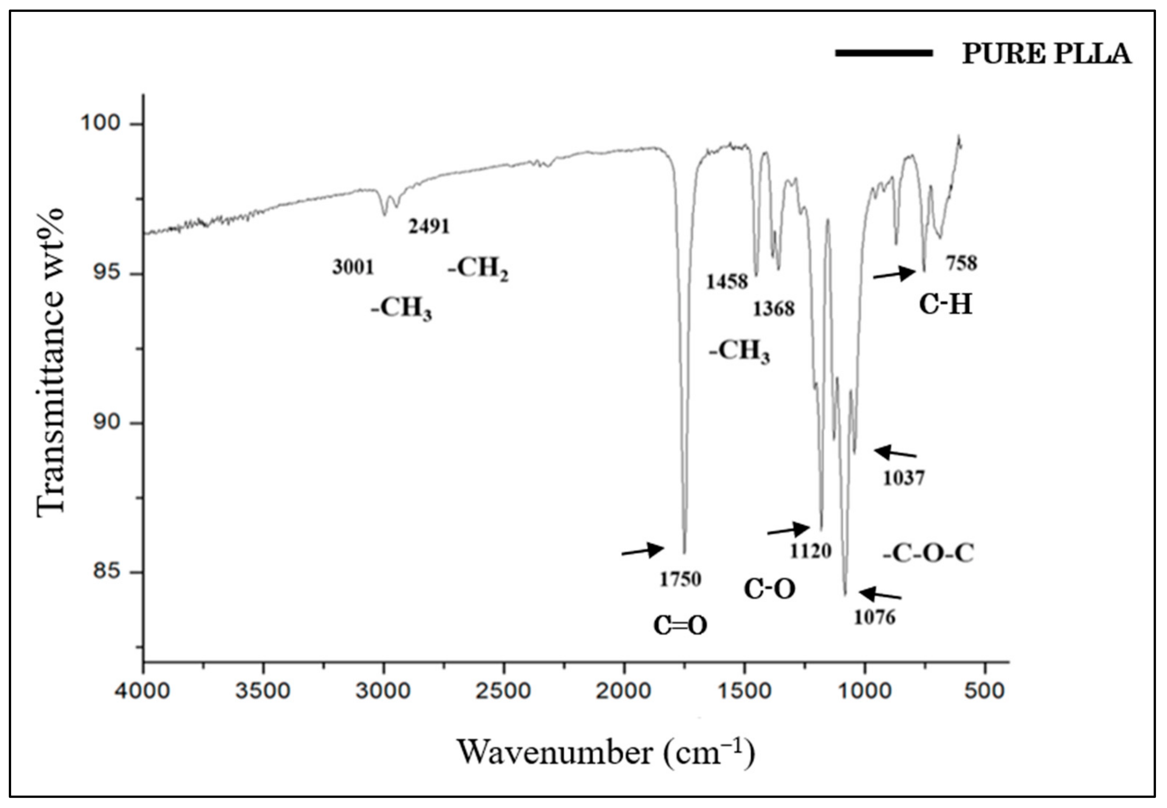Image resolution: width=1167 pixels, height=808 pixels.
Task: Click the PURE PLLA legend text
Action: click(x=1046, y=54)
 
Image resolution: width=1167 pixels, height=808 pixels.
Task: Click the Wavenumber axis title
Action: click(x=606, y=753)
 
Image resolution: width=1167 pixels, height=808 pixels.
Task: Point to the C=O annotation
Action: click(x=680, y=626)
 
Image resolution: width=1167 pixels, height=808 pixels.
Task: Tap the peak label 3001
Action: click(x=353, y=267)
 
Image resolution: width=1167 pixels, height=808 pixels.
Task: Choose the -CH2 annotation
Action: click(x=478, y=268)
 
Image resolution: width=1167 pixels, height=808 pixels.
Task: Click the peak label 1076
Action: click(x=875, y=617)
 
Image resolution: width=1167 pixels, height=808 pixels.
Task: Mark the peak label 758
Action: click(x=961, y=263)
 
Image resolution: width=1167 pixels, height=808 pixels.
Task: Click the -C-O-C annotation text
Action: click(x=928, y=553)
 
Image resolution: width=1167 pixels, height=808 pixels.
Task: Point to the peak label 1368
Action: click(x=774, y=309)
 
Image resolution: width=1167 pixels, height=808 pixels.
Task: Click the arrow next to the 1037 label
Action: click(x=894, y=452)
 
